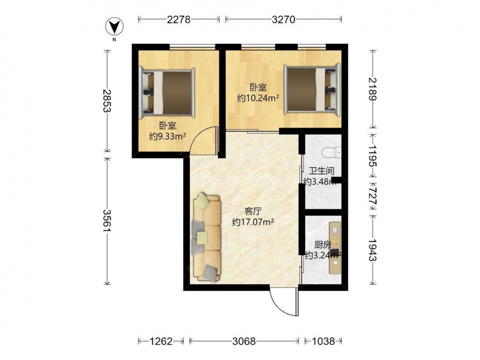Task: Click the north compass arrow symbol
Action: pos(115,27)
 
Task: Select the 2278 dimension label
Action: pos(179,20)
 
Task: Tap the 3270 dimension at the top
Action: pos(284,20)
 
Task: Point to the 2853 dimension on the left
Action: pos(107,101)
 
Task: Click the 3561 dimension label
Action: pos(107,220)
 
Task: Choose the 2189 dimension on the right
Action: pos(372,89)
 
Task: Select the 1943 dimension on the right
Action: pos(372,250)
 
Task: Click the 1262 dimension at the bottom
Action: pos(161,341)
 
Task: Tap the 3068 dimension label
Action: pos(244,341)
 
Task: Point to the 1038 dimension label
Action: pos(323,341)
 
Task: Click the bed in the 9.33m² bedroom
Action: pos(167,93)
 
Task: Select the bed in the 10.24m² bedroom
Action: pos(312,90)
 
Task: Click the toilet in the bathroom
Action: pos(332,152)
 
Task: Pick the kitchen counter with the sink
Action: pos(335,248)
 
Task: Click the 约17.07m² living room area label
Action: pos(253,222)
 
